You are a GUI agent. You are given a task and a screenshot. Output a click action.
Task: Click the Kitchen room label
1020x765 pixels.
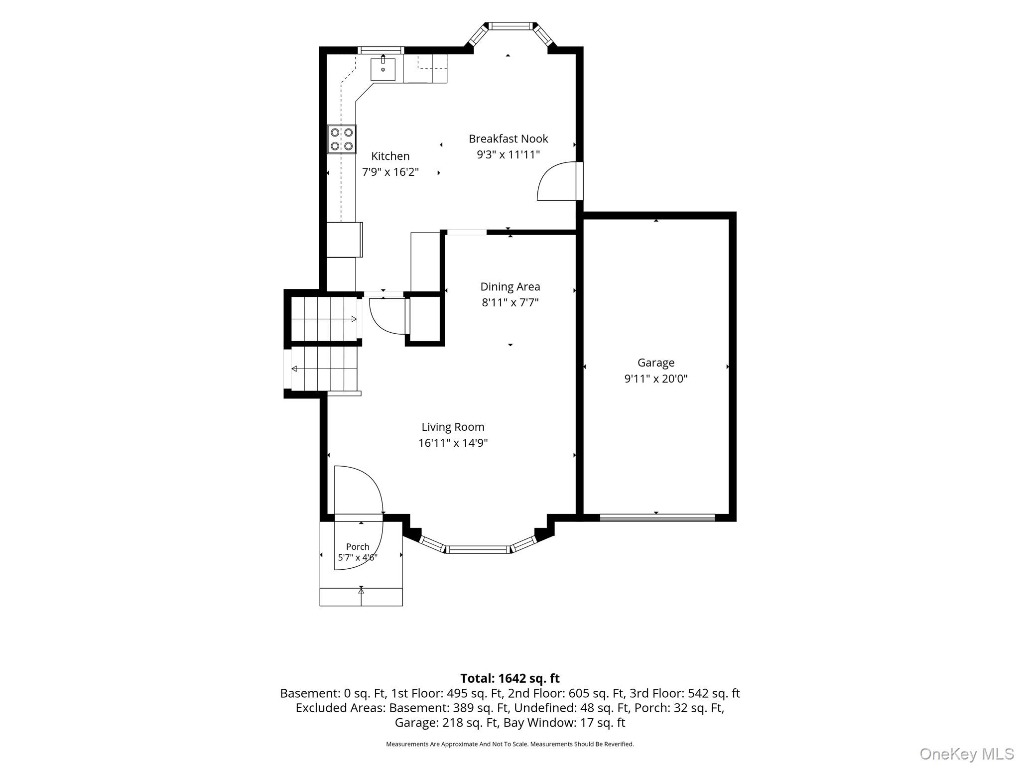pos(390,156)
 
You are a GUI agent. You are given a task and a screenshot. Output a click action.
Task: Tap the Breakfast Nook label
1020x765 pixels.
pos(508,139)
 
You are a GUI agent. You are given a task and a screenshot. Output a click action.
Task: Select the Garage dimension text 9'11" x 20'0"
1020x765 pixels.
pos(656,379)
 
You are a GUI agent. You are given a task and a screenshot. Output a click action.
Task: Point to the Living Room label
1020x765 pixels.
pos(453,427)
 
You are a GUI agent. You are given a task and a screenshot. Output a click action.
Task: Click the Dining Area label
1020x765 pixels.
pos(510,287)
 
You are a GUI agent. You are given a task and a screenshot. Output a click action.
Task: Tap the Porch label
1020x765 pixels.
pos(358,547)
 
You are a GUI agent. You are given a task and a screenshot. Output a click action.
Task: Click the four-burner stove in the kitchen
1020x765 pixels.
pos(342,139)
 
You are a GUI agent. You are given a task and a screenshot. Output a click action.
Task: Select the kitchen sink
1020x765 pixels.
pos(383,69)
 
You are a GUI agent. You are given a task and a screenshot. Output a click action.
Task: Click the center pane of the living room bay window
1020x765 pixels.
pos(478,549)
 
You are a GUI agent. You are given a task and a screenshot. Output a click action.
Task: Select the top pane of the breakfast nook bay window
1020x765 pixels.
pos(510,26)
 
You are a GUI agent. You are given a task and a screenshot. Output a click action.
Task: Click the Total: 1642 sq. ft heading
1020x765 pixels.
pos(510,678)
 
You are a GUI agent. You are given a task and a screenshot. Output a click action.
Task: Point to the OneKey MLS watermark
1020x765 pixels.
pos(966,754)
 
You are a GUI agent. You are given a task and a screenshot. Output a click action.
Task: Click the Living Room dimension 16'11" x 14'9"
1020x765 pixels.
pos(453,443)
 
